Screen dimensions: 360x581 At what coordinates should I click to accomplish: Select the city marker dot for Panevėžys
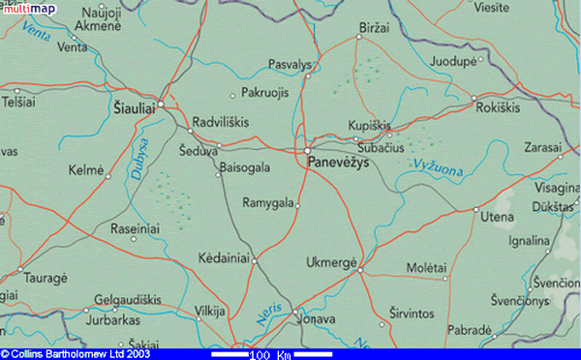tap(307, 152)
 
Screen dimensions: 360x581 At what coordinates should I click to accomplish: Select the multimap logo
tap(26, 8)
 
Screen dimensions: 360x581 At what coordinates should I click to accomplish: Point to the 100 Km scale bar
tap(270, 354)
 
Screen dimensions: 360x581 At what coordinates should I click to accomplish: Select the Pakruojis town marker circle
tap(232, 95)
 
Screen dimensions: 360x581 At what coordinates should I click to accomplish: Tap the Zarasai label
tap(542, 147)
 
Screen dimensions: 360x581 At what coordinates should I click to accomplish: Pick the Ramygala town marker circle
tap(298, 205)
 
